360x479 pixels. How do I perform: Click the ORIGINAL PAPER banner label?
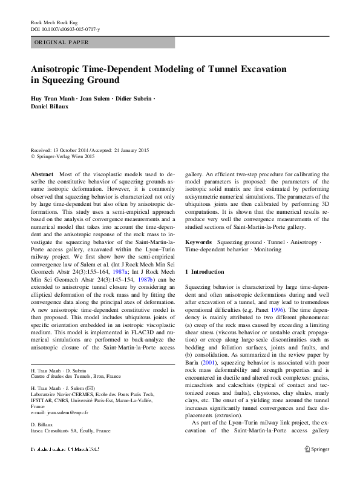click(61, 42)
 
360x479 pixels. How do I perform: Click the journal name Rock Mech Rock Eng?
click(53, 22)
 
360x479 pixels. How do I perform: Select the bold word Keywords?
click(199, 242)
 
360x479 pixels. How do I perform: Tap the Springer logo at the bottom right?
click(315, 466)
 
